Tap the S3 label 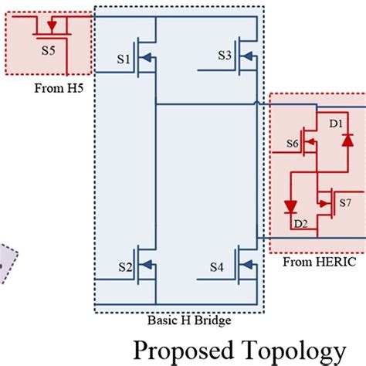pyautogui.click(x=225, y=56)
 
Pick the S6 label pyautogui.click(x=293, y=144)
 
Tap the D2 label pyautogui.click(x=300, y=224)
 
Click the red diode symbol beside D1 pyautogui.click(x=347, y=140)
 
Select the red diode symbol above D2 pyautogui.click(x=291, y=207)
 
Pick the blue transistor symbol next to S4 pyautogui.click(x=246, y=266)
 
